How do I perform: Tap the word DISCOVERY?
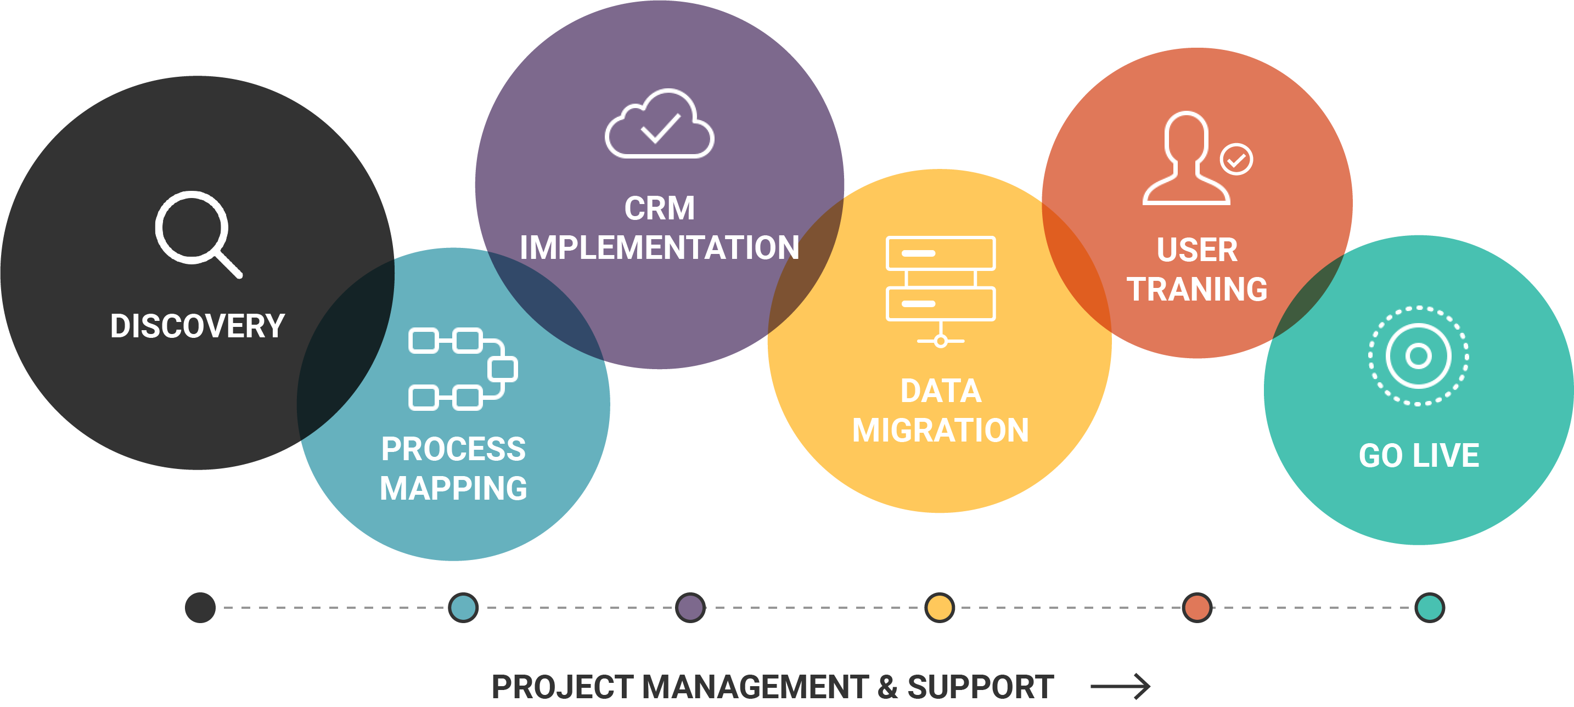pyautogui.click(x=198, y=326)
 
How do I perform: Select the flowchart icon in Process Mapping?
pyautogui.click(x=463, y=369)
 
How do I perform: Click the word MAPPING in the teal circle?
pyautogui.click(x=453, y=489)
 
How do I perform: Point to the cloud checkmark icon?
pyautogui.click(x=659, y=125)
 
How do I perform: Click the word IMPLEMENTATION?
pyautogui.click(x=659, y=248)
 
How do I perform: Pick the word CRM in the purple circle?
pyautogui.click(x=659, y=208)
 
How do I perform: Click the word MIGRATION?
pyautogui.click(x=940, y=431)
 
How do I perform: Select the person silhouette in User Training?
pyautogui.click(x=1186, y=158)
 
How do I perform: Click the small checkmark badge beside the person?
pyautogui.click(x=1236, y=160)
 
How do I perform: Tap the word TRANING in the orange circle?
pyautogui.click(x=1197, y=290)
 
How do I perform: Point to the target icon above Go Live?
pyautogui.click(x=1418, y=355)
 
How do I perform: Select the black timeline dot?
pyautogui.click(x=200, y=608)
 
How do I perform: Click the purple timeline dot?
pyautogui.click(x=690, y=608)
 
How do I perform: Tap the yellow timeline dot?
pyautogui.click(x=940, y=608)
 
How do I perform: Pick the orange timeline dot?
pyautogui.click(x=1197, y=608)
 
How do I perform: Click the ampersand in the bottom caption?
pyautogui.click(x=887, y=687)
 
